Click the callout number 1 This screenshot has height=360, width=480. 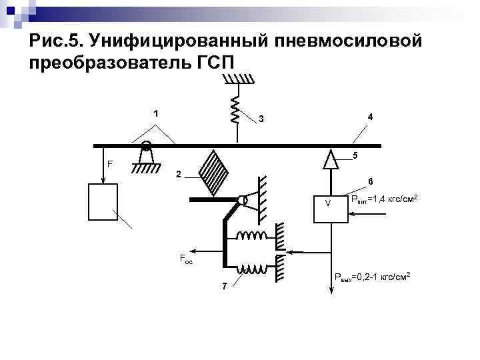click(x=156, y=113)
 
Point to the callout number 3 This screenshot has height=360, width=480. click(x=262, y=119)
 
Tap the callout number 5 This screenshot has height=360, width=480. click(x=355, y=156)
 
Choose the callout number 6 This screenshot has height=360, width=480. click(x=371, y=181)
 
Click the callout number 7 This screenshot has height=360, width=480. click(x=224, y=286)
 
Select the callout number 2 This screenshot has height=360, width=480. click(x=178, y=175)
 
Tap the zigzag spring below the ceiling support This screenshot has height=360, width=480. click(x=235, y=108)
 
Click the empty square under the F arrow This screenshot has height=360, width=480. click(x=103, y=201)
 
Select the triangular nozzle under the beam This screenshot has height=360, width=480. click(x=328, y=159)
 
